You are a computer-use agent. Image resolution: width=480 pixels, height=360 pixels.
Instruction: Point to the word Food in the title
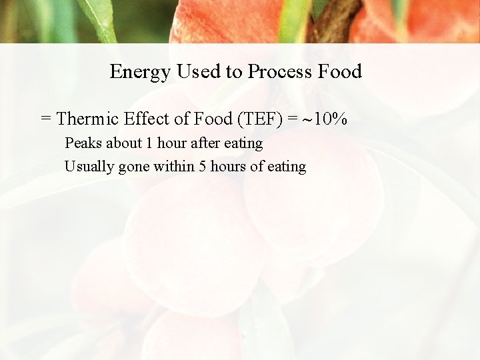click(340, 71)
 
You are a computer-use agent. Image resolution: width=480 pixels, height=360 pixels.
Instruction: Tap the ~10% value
click(326, 119)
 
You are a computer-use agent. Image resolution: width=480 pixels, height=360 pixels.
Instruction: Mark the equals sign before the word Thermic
click(46, 119)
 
